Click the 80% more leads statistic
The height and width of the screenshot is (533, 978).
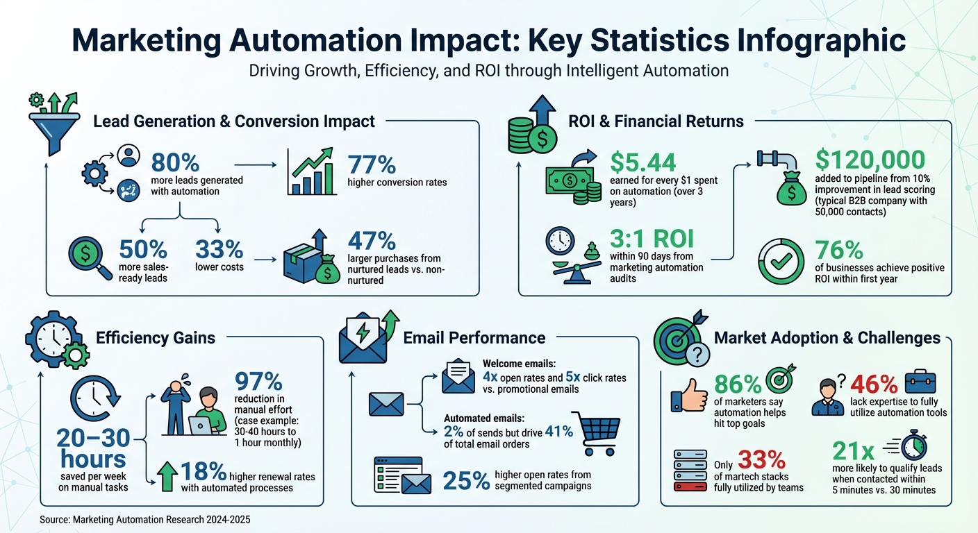pyautogui.click(x=175, y=162)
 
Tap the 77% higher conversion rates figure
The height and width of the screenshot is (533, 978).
pyautogui.click(x=372, y=164)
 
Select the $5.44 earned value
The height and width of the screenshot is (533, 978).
pyautogui.click(x=643, y=162)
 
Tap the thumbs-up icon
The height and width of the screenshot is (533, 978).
pyautogui.click(x=688, y=400)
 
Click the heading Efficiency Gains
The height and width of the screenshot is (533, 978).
pyautogui.click(x=156, y=338)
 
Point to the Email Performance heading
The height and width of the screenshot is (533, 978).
pyautogui.click(x=474, y=338)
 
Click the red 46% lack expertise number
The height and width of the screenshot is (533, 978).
pyautogui.click(x=873, y=384)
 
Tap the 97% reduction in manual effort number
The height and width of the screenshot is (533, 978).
pyautogui.click(x=258, y=382)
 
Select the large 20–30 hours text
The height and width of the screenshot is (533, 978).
pyautogui.click(x=92, y=448)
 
